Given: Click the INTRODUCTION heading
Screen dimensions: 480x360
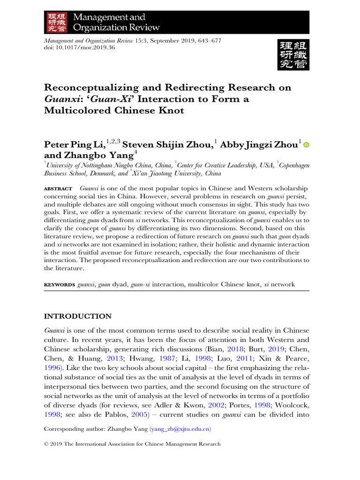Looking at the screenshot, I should click(77, 316).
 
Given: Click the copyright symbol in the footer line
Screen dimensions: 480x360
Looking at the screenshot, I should click(46, 444).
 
